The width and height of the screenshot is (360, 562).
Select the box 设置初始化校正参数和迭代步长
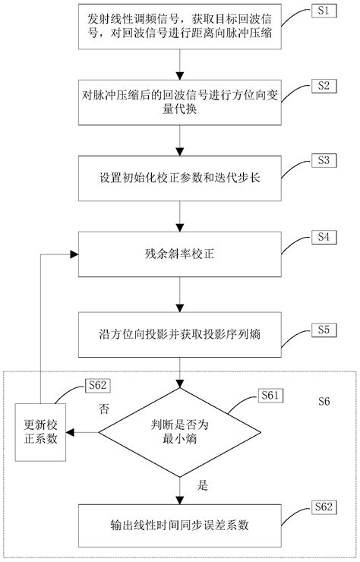pos(179,179)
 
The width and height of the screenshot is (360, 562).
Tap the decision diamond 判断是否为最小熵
pos(179,434)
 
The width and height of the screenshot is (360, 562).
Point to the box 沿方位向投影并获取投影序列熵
pos(179,333)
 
